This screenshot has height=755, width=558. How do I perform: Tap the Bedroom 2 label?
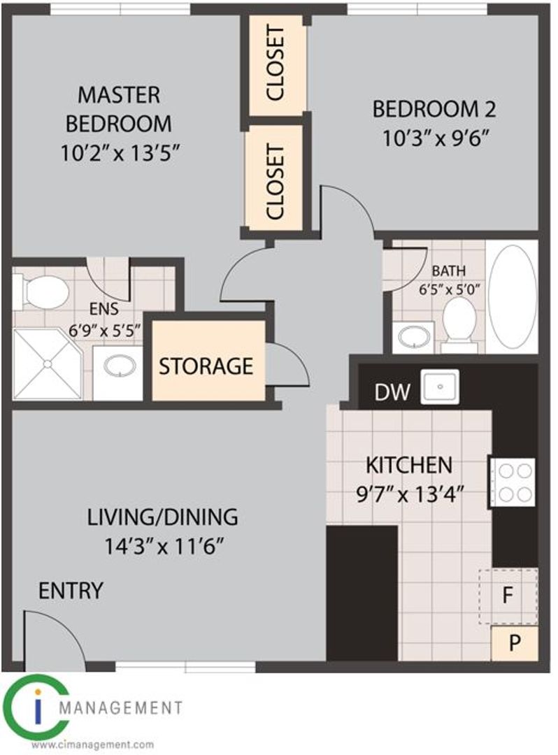434,109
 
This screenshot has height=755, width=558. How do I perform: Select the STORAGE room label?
206,366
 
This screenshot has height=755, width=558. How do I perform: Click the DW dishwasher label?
392,392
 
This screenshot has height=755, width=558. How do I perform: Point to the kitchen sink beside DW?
440,387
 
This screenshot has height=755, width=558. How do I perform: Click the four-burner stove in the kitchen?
513,482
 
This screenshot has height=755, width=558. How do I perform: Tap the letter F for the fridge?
507,596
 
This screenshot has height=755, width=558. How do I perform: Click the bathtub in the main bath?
512,297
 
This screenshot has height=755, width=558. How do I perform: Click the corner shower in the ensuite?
47,364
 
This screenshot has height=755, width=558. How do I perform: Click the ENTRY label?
71,590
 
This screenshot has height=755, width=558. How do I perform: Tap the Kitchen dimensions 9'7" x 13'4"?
410,494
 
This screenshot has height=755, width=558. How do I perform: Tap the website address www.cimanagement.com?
94,745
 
